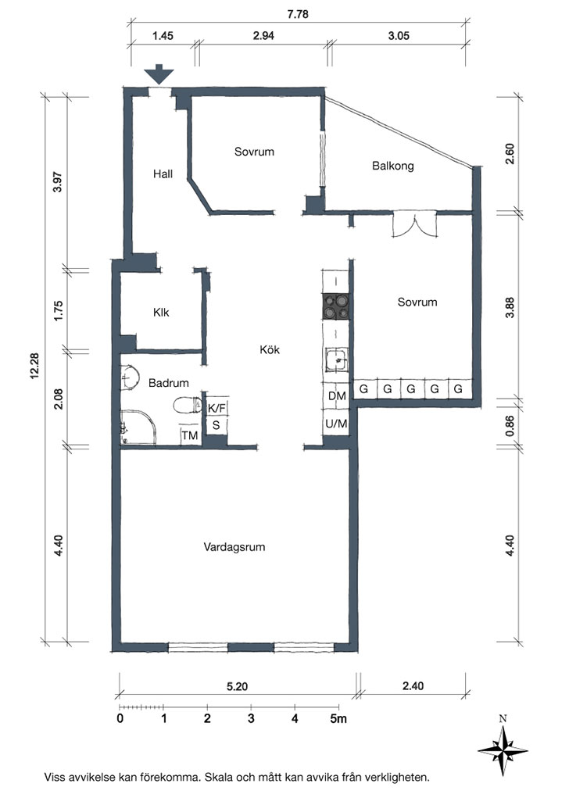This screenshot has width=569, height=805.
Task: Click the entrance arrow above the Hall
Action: pos(159,74)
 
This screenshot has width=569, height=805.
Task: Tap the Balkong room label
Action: pos(393,166)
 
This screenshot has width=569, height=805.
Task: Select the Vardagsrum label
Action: pos(234,547)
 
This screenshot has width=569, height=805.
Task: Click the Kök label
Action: pos(270,349)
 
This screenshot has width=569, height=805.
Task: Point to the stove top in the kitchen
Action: pos(335,306)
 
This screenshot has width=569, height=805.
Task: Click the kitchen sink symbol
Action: pos(336,360)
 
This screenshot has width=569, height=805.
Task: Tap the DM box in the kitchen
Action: pos(337,395)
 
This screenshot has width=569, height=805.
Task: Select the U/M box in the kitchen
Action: pos(336,424)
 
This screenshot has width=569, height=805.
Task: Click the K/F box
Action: pos(217,408)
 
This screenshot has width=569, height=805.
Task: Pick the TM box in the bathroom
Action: pos(189,435)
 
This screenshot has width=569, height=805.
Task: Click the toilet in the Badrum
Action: pos(188,406)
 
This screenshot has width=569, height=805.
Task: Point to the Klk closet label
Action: pos(161,312)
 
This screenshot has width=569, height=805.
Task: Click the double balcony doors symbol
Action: pos(414,224)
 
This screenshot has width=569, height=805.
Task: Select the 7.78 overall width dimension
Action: pos(298,14)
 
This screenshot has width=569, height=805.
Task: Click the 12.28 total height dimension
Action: pos(35,366)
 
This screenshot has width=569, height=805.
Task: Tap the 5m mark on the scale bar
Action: pos(338,718)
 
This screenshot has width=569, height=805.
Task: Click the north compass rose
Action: pos(503,750)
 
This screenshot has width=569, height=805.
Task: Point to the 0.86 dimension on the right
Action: pos(510,426)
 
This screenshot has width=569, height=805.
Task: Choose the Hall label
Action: pos(163,174)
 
